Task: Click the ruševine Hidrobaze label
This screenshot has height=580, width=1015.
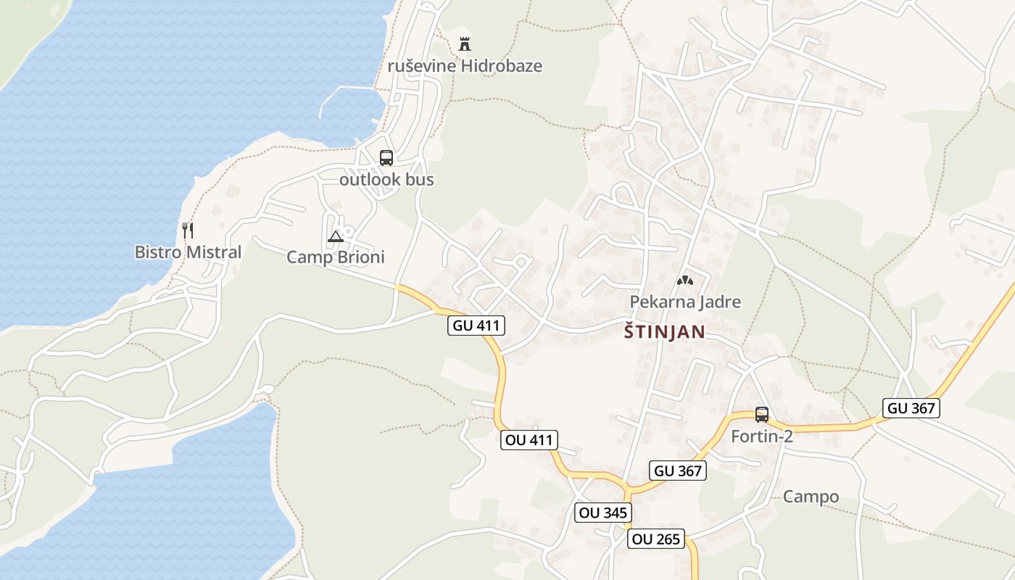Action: pyautogui.click(x=465, y=66)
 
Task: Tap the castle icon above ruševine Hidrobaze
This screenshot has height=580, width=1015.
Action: pyautogui.click(x=465, y=43)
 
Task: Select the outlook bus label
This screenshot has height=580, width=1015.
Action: pyautogui.click(x=386, y=179)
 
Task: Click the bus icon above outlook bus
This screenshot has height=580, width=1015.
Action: pyautogui.click(x=386, y=157)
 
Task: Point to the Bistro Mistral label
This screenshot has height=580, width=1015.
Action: pyautogui.click(x=188, y=252)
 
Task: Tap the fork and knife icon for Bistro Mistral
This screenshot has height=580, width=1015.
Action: pyautogui.click(x=188, y=231)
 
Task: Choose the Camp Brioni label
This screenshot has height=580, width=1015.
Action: pyautogui.click(x=336, y=257)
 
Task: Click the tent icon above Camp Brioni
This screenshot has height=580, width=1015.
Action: pyautogui.click(x=335, y=236)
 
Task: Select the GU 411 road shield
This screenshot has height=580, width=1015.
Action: pyautogui.click(x=476, y=326)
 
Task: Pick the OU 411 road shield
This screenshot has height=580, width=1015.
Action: pyautogui.click(x=529, y=439)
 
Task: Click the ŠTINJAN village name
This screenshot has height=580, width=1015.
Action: pyautogui.click(x=664, y=332)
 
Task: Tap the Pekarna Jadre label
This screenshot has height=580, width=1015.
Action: pyautogui.click(x=685, y=302)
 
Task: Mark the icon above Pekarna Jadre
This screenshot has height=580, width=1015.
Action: pyautogui.click(x=685, y=280)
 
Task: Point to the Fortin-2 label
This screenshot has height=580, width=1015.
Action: pyautogui.click(x=762, y=436)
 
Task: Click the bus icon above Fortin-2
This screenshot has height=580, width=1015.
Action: pyautogui.click(x=762, y=415)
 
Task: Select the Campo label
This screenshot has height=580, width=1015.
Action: pyautogui.click(x=811, y=497)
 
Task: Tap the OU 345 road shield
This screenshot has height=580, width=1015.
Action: pyautogui.click(x=602, y=513)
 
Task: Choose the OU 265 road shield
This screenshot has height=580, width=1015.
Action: pyautogui.click(x=656, y=539)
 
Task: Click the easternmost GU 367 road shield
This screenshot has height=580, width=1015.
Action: pyautogui.click(x=911, y=408)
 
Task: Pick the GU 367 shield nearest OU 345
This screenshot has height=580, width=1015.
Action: pyautogui.click(x=678, y=471)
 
